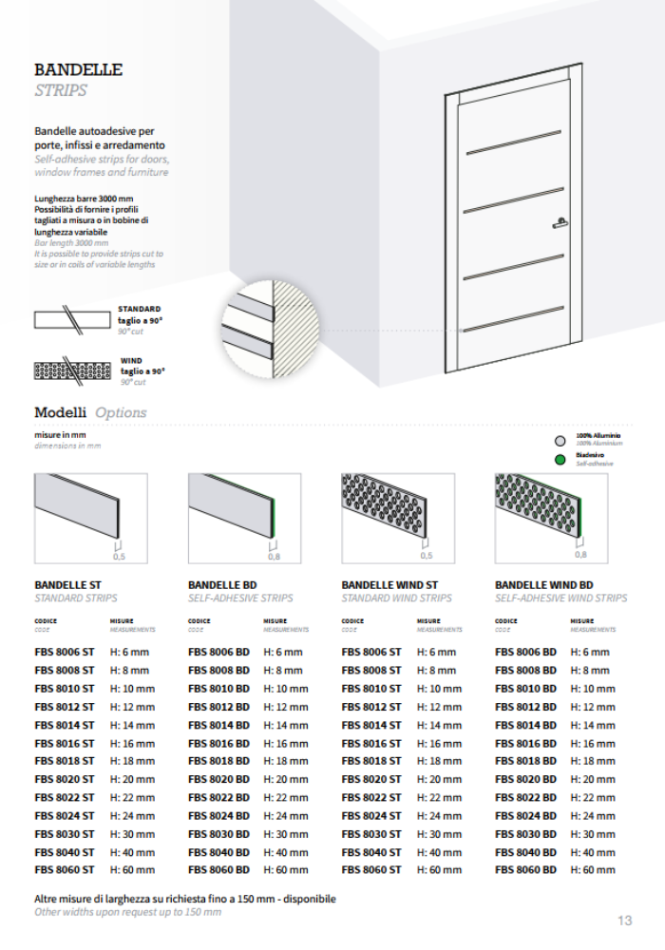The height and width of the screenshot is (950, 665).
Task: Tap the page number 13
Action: pyautogui.click(x=624, y=921)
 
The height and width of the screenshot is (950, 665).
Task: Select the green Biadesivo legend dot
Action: pyautogui.click(x=560, y=460)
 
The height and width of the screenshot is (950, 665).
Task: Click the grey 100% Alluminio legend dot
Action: pyautogui.click(x=560, y=440)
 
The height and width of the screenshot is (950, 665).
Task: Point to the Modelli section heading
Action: pyautogui.click(x=61, y=412)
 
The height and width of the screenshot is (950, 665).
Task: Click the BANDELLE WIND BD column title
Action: pyautogui.click(x=544, y=585)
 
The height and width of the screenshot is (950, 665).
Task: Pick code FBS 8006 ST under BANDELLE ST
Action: pyautogui.click(x=65, y=653)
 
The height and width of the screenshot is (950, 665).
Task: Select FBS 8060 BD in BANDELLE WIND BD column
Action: pyautogui.click(x=525, y=869)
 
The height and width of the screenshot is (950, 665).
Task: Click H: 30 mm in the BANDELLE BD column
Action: pyautogui.click(x=285, y=833)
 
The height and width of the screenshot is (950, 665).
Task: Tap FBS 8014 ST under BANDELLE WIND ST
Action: pyautogui.click(x=371, y=725)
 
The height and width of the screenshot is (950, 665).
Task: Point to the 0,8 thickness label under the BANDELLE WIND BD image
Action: pyautogui.click(x=580, y=554)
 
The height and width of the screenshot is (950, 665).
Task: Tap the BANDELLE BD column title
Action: pyautogui.click(x=222, y=585)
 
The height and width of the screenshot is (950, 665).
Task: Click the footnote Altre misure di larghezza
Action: pyautogui.click(x=185, y=898)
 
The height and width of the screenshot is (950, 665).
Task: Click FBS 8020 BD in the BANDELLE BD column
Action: pyautogui.click(x=218, y=779)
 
